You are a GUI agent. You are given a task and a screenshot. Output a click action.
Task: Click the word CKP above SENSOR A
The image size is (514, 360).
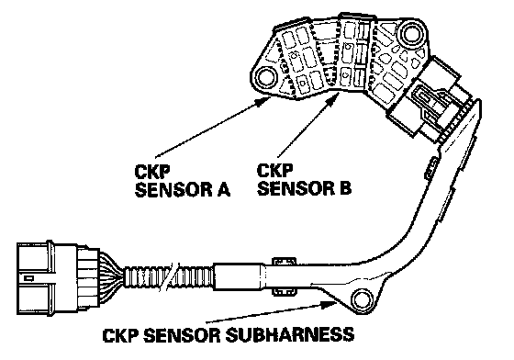152,171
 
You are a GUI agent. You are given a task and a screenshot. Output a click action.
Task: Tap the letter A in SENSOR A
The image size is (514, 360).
224,190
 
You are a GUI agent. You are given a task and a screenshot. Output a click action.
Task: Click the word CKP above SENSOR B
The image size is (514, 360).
274,170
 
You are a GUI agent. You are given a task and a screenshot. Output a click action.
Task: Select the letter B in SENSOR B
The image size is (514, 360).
345,188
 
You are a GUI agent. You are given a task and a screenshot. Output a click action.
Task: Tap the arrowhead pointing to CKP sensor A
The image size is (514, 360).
263,102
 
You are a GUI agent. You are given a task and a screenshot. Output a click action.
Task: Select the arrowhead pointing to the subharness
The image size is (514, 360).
329,305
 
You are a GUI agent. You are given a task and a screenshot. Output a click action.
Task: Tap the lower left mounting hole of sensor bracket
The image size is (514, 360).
266,77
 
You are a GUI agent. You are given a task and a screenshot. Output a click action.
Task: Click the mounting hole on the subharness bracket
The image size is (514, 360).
362,298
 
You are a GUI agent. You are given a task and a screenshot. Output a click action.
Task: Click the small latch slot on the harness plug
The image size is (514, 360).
28,278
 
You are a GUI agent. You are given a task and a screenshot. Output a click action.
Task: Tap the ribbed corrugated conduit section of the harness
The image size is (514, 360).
169,277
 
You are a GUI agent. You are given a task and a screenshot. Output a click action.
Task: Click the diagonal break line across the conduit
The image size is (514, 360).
169,275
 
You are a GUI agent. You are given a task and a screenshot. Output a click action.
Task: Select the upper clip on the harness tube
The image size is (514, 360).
285,261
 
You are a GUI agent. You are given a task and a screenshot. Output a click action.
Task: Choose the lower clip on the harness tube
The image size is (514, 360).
285,291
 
